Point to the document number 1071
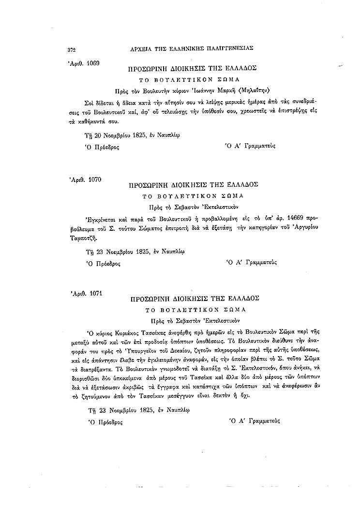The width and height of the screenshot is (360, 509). click(91, 293)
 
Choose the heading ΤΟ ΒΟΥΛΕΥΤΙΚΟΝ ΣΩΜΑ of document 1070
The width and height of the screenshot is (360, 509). click(193, 196)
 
